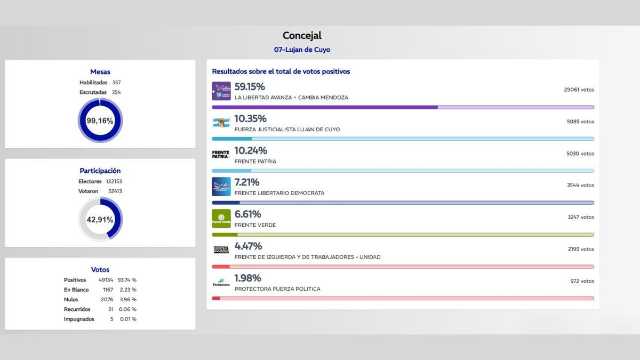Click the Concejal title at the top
(x=302, y=36)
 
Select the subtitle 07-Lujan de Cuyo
(x=302, y=50)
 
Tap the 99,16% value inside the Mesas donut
(x=100, y=121)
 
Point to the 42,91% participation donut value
(x=100, y=219)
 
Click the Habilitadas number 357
(x=116, y=83)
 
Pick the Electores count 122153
(x=114, y=181)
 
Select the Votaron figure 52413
(x=114, y=191)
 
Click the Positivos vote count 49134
(x=106, y=280)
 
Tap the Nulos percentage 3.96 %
(x=127, y=300)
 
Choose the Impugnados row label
(x=79, y=319)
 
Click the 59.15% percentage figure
(x=250, y=87)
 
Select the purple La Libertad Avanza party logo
(x=221, y=91)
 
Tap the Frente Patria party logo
(x=221, y=155)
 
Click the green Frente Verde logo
(x=221, y=219)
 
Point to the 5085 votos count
(x=580, y=122)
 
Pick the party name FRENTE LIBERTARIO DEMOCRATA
(x=279, y=193)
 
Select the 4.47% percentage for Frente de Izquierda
(x=248, y=246)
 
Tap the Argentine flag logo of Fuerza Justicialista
(x=221, y=123)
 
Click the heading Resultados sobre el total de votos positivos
(x=281, y=71)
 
